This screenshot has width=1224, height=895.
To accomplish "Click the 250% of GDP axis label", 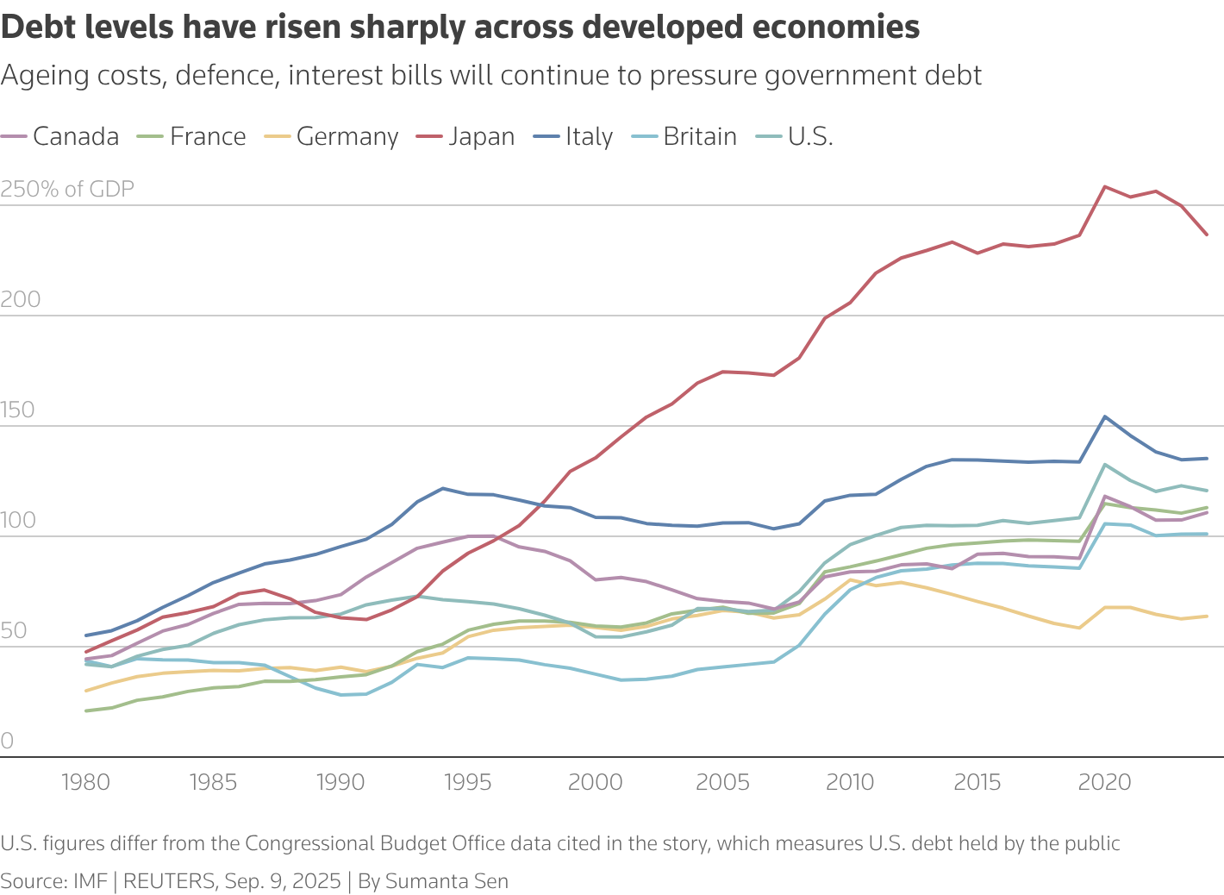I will (x=67, y=190).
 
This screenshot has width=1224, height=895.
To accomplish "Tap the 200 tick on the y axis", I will (x=21, y=300).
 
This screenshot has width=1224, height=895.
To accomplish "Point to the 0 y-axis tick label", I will (x=7, y=741).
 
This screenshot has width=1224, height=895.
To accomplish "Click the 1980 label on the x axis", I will (x=86, y=783).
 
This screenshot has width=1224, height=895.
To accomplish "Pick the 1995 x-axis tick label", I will (x=468, y=783).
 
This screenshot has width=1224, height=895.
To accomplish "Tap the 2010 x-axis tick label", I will (x=850, y=783).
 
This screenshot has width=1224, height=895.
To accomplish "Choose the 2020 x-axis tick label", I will (x=1104, y=783).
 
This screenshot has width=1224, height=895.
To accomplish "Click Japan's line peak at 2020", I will (x=1105, y=187).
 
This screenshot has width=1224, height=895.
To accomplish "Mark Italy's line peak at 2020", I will (x=1105, y=416).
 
